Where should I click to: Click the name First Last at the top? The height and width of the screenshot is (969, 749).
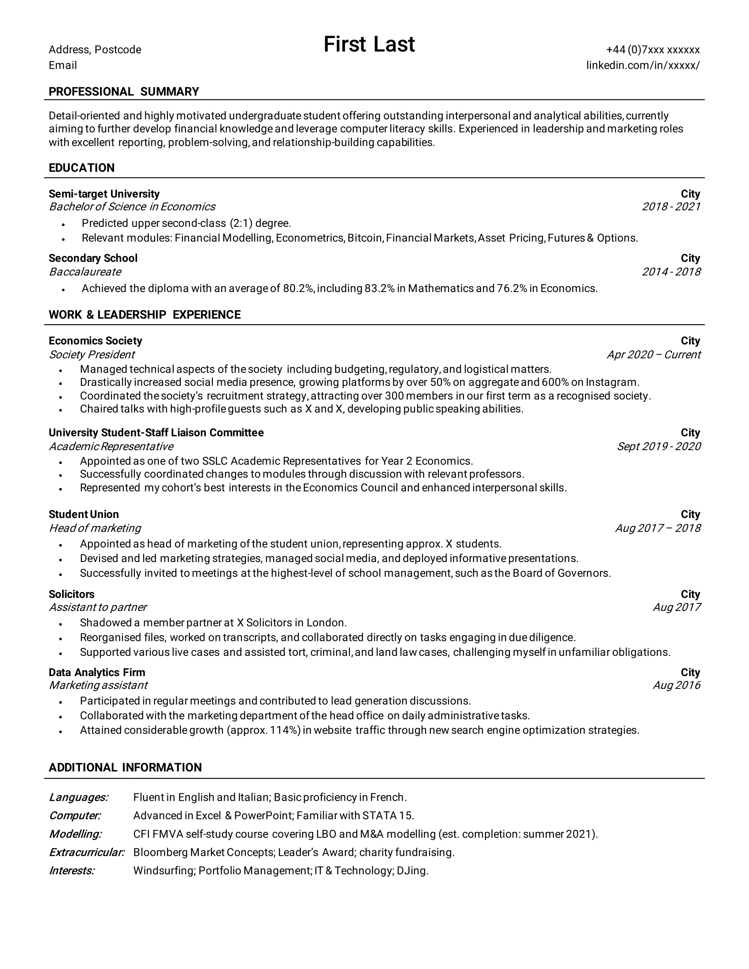[369, 44]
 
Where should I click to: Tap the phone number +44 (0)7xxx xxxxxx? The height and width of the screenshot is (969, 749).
[653, 50]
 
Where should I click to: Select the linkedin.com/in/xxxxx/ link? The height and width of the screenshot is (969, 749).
[643, 65]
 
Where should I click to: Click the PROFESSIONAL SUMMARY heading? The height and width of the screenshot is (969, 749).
[124, 92]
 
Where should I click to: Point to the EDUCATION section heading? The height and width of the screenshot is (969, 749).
[82, 168]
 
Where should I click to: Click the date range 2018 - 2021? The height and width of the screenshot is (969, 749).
[671, 207]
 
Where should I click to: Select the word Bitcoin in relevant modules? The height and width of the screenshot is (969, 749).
[365, 238]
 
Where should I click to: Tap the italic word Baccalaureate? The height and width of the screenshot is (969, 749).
[85, 271]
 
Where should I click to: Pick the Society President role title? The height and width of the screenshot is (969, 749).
[92, 355]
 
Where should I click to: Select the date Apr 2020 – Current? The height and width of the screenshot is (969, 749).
[653, 355]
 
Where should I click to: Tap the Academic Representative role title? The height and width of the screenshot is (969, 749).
[111, 446]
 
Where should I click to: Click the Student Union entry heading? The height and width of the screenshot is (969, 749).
[84, 514]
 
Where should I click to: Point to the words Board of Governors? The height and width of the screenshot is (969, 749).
[561, 573]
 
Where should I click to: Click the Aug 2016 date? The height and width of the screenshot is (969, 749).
[676, 685]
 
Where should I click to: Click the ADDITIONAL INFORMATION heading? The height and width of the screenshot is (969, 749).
[125, 767]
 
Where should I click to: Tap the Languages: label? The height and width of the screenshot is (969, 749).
[78, 797]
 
